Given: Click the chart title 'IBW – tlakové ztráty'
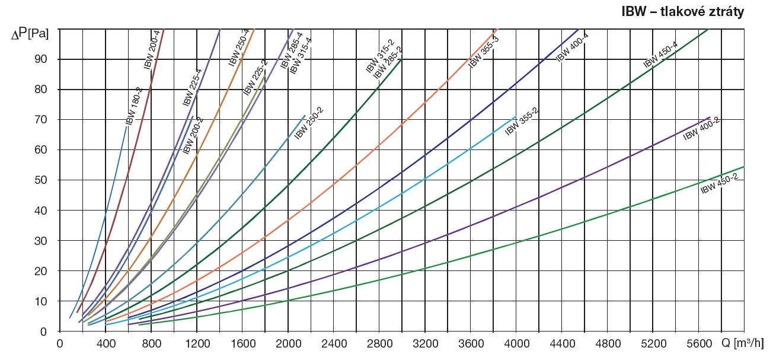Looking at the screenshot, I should tap(682, 11).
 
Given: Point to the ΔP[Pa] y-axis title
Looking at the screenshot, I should tap(30, 34).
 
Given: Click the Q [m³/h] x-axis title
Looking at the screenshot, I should tap(746, 343).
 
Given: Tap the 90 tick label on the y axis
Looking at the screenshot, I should tap(47, 59).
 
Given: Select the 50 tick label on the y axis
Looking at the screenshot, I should tap(47, 180).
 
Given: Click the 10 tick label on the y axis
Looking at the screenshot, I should tap(47, 301).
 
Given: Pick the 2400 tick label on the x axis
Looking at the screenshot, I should tap(334, 343).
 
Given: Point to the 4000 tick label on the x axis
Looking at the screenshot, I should tap(516, 343).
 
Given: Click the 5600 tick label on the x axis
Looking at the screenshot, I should tap(699, 343).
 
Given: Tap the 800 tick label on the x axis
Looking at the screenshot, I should tap(151, 343).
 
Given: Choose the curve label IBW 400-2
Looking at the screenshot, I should tap(701, 129).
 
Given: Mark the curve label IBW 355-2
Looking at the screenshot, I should tap(521, 122).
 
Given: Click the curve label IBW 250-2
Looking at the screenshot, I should tap(309, 122).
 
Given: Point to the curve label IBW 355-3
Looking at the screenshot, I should tap(484, 52).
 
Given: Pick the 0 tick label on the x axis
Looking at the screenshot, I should tap(60, 343).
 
